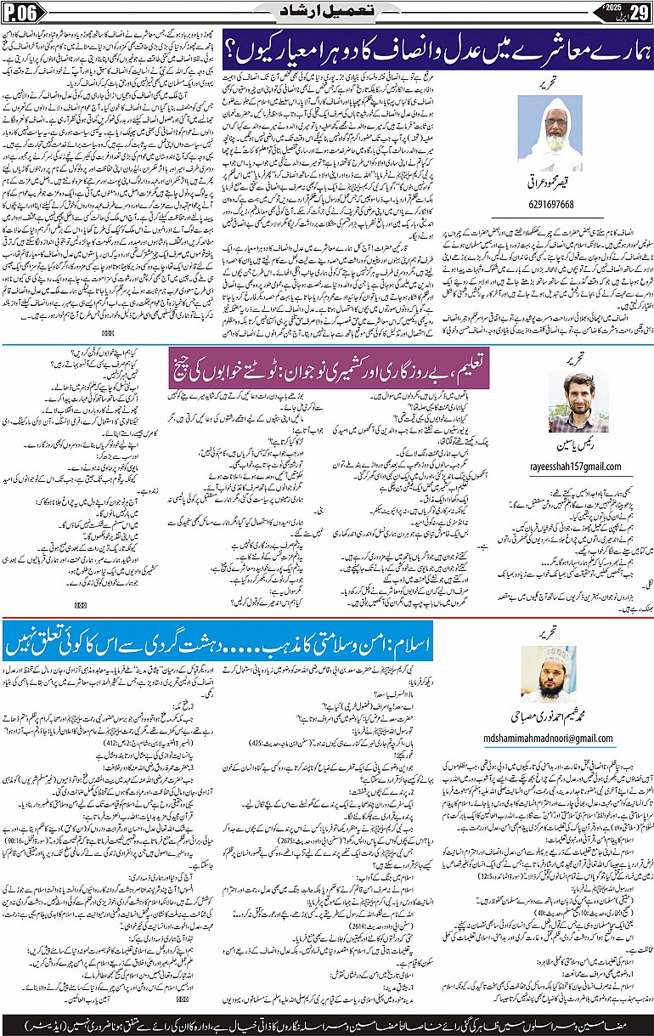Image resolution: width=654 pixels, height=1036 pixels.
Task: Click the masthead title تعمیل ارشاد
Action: (326, 12)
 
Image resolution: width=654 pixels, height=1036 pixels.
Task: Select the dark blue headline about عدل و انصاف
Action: (437, 54)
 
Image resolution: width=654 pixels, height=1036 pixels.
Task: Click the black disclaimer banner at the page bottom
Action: (327, 1021)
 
